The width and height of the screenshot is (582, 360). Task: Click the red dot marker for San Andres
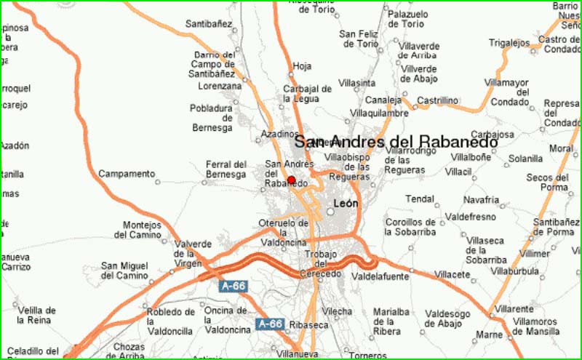pyautogui.click(x=292, y=180)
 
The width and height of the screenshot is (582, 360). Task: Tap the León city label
pyautogui.click(x=345, y=204)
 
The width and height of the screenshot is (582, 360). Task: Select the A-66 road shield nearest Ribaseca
pyautogui.click(x=269, y=324)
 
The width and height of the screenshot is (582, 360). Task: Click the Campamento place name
pyautogui.click(x=127, y=174)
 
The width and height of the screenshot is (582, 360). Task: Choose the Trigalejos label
pyautogui.click(x=509, y=43)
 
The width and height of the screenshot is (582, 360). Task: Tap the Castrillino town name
pyautogui.click(x=438, y=100)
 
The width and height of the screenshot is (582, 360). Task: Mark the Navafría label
pyautogui.click(x=482, y=200)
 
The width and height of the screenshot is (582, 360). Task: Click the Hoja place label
pyautogui.click(x=301, y=67)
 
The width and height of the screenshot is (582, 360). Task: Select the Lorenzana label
pyautogui.click(x=220, y=86)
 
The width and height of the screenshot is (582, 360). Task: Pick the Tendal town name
pyautogui.click(x=420, y=199)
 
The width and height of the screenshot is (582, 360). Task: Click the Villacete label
pyautogui.click(x=453, y=274)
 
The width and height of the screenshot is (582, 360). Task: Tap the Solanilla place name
pyautogui.click(x=525, y=158)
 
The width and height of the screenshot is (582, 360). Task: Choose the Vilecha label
pyautogui.click(x=338, y=311)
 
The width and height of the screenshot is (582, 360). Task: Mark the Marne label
pyautogui.click(x=490, y=335)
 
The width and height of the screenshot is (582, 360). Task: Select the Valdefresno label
pyautogui.click(x=469, y=217)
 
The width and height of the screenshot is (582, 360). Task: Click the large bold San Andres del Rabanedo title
pyautogui.click(x=396, y=142)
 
